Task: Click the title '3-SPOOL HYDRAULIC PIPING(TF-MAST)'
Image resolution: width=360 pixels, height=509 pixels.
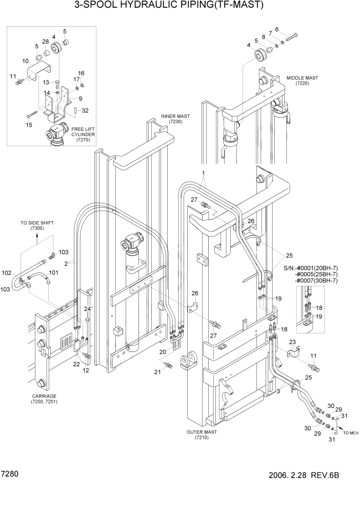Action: pyautogui.click(x=169, y=6)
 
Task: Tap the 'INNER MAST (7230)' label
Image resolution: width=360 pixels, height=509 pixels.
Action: pyautogui.click(x=175, y=119)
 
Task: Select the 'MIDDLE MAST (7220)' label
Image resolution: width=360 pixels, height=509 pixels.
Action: pyautogui.click(x=302, y=81)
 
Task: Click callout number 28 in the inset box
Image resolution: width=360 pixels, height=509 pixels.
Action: pyautogui.click(x=45, y=42)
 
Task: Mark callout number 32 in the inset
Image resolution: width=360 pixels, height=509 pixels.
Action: pyautogui.click(x=85, y=110)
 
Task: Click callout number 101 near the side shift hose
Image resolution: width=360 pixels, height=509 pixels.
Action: pyautogui.click(x=53, y=272)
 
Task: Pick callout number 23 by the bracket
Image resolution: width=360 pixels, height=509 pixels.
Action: pyautogui.click(x=292, y=342)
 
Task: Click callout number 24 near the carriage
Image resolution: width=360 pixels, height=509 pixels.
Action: pyautogui.click(x=87, y=308)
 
